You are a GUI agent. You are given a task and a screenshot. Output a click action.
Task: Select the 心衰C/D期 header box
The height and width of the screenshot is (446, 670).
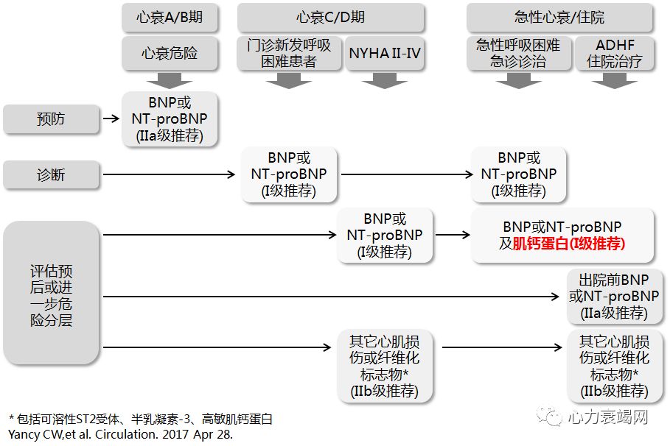(330, 18)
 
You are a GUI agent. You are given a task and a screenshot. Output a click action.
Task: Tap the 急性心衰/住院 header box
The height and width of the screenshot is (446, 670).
(559, 18)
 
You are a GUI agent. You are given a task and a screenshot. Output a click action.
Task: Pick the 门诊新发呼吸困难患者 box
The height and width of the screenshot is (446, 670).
(289, 54)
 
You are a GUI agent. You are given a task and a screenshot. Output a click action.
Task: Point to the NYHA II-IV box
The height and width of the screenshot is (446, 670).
(385, 54)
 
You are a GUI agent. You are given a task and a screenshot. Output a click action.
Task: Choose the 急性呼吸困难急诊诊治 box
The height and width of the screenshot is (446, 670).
(518, 54)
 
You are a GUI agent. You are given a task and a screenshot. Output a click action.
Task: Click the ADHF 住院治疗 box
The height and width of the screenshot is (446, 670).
(615, 54)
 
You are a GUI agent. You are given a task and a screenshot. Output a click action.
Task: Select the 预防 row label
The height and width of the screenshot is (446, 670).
(51, 118)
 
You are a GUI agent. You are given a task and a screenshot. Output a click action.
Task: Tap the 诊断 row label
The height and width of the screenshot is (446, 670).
(51, 175)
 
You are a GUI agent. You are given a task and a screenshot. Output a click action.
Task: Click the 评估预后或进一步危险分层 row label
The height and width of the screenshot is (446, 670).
(51, 292)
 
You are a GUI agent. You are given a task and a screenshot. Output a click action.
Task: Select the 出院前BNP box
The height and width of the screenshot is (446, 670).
(614, 297)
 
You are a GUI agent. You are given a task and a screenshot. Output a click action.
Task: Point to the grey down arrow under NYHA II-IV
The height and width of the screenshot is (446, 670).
(385, 80)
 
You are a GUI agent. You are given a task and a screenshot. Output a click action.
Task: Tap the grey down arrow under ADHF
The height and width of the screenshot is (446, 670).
(615, 80)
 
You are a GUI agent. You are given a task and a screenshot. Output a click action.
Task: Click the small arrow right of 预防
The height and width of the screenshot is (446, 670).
(111, 118)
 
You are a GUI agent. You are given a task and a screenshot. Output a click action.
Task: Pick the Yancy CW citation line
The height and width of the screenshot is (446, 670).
(120, 433)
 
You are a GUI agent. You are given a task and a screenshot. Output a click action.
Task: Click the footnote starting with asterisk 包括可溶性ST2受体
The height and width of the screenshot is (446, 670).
(140, 419)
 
